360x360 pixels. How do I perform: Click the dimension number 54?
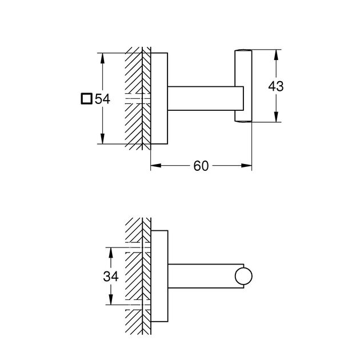(102, 99)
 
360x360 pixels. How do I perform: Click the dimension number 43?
(276, 86)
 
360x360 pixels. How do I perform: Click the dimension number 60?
(201, 166)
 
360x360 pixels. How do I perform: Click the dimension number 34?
(111, 277)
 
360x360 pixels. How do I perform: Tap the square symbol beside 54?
(86, 99)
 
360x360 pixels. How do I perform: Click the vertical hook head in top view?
(242, 86)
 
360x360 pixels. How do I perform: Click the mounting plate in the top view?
(159, 98)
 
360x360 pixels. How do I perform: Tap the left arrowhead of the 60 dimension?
(154, 166)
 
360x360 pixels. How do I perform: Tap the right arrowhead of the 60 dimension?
(249, 166)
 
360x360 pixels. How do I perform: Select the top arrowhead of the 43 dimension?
(276, 53)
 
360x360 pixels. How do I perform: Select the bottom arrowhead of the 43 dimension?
(276, 119)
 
